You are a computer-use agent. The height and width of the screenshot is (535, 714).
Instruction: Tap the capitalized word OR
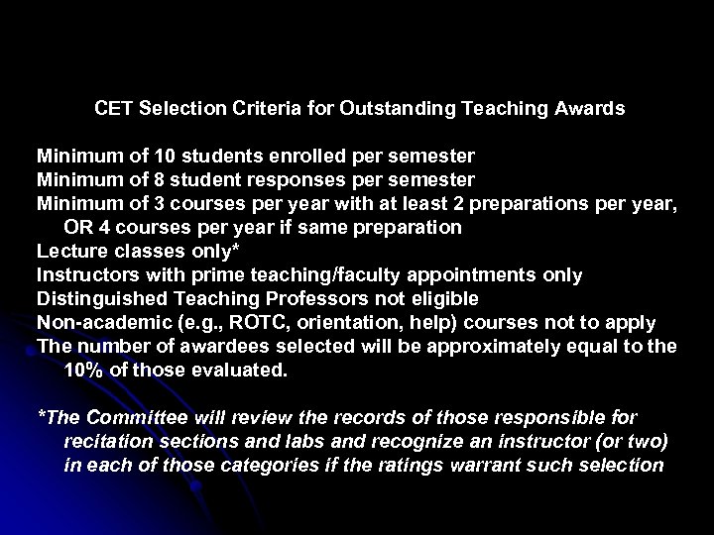(77, 227)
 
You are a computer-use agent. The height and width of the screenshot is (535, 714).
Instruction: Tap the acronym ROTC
(253, 322)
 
